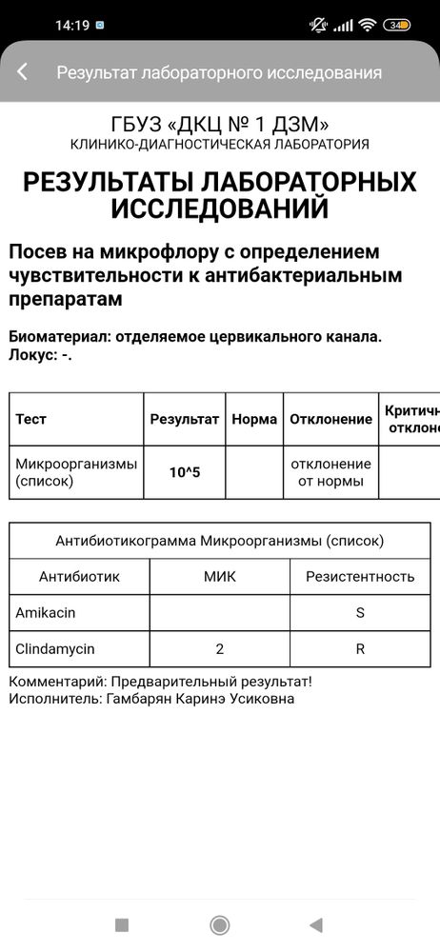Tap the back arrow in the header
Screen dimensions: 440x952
(23, 72)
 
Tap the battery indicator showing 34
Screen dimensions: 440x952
(399, 25)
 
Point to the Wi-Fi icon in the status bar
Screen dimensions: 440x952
(367, 25)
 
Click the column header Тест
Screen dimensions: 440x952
(31, 419)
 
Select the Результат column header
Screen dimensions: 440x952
(185, 419)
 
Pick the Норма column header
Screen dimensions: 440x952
(254, 419)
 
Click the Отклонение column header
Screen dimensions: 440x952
(330, 419)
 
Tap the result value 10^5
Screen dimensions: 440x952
(185, 472)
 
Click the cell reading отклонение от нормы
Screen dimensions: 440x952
(330, 472)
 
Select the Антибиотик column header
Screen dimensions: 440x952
(79, 577)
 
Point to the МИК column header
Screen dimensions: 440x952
(220, 577)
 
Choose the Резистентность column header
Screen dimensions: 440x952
(359, 577)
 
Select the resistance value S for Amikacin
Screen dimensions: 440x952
(360, 613)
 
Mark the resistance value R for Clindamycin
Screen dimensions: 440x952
(360, 649)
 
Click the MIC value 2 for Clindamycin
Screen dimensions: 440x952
(220, 649)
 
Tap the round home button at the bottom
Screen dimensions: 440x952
(220, 924)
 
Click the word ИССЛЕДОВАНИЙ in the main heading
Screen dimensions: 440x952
(220, 208)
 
